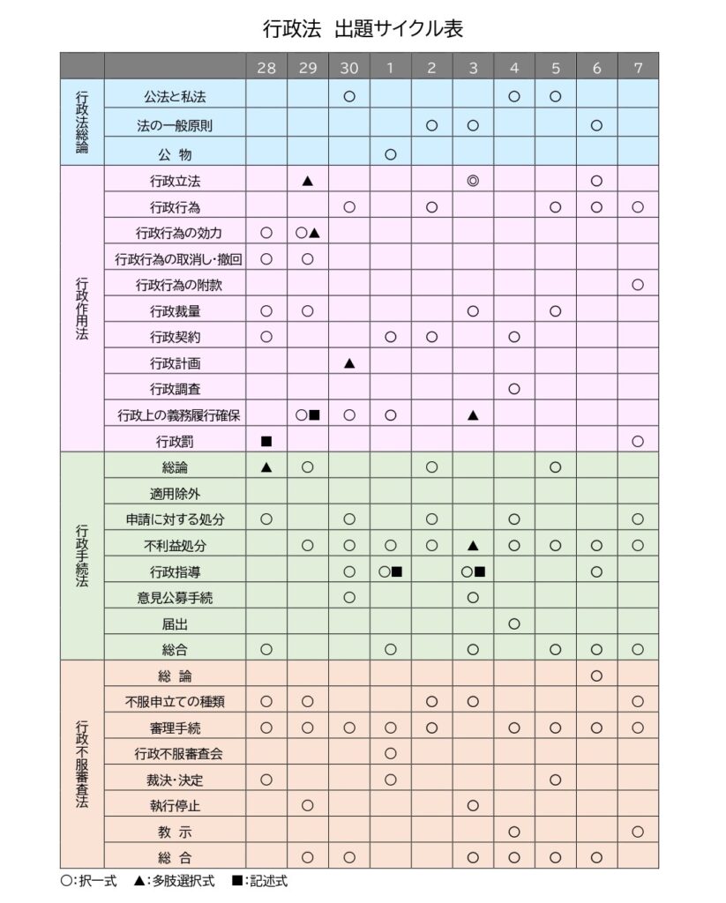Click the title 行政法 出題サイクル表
coord(363,29)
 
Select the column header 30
coord(348,67)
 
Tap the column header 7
coord(638,67)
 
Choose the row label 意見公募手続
coord(175,598)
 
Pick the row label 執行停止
coord(175,805)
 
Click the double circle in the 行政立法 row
coord(473,181)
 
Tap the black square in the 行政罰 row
coord(266,441)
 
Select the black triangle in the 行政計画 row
coord(348,362)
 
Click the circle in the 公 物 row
coord(390,153)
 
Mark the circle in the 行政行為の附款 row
coord(638,285)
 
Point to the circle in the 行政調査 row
coord(514,389)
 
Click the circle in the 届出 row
coord(514,623)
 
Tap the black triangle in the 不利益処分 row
coord(473,545)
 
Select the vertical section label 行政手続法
coord(82,556)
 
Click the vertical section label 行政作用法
coord(82,310)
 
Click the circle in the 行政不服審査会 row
coord(390,753)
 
